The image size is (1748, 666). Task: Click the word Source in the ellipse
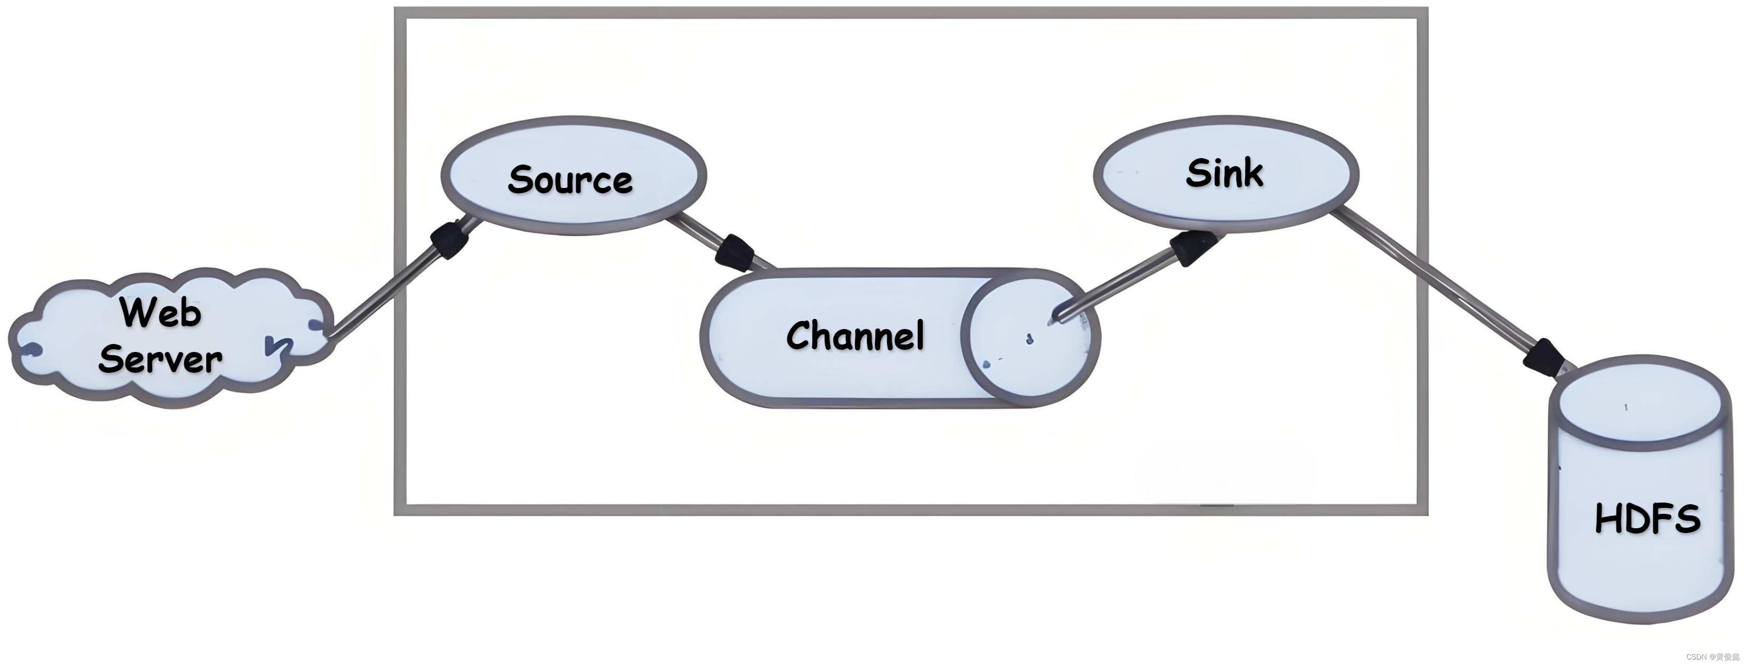(x=570, y=180)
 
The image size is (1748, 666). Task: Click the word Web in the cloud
(x=161, y=312)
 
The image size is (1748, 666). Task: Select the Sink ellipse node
(x=1226, y=174)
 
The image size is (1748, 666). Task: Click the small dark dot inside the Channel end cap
(x=1029, y=339)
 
